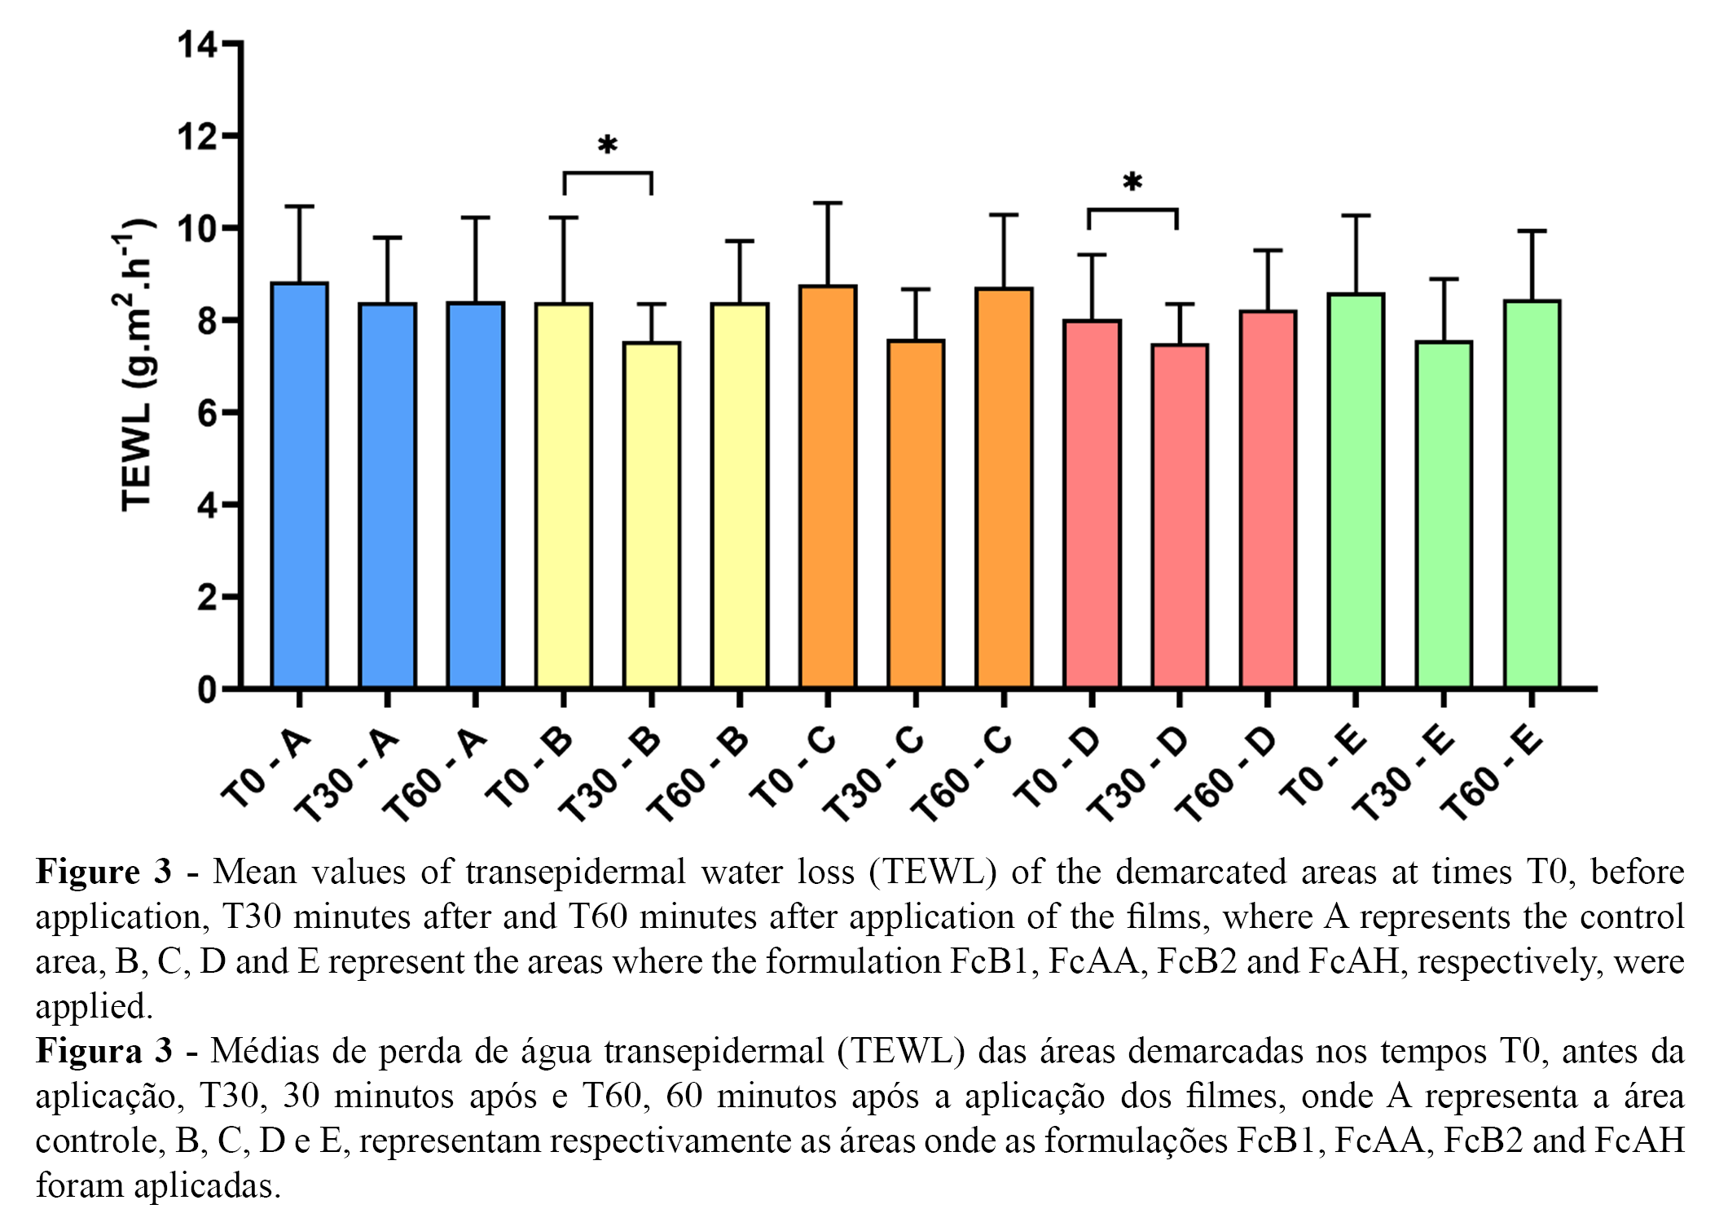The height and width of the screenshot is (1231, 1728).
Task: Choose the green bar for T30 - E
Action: pos(1444,514)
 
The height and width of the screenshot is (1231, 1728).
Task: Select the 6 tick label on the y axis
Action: pos(207,413)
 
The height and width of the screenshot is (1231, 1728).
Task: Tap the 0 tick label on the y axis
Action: pos(207,690)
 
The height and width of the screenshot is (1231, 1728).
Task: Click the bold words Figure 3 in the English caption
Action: pos(103,872)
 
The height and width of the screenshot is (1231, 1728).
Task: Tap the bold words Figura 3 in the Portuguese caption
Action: pos(103,1051)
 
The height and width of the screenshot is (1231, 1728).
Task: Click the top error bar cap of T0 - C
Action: pos(828,203)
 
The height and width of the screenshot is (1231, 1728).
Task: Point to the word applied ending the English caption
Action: pos(94,1006)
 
